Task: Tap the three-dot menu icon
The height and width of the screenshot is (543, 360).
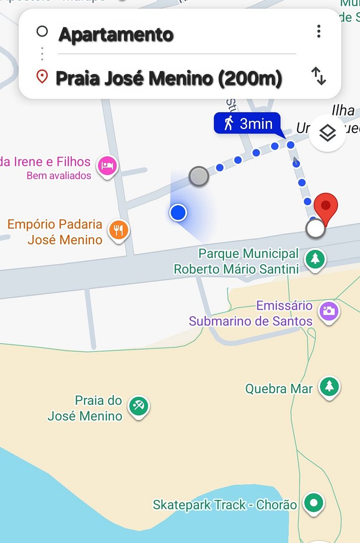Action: pos(319,31)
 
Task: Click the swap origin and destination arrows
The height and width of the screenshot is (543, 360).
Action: pos(319,76)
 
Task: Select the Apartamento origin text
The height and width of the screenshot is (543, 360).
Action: pos(116,35)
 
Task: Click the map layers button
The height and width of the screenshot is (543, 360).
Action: pos(328,134)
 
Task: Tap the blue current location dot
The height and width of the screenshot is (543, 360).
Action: pos(178,213)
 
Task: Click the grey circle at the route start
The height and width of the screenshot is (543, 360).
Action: pos(199,176)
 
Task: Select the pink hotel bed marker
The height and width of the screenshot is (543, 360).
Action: pos(107,165)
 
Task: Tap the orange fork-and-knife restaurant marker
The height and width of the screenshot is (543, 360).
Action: pos(119,230)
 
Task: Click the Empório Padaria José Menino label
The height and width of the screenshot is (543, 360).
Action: pos(55,232)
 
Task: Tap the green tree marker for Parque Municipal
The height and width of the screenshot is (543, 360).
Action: pos(315,259)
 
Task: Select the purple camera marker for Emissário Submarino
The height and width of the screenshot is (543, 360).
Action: pos(329,311)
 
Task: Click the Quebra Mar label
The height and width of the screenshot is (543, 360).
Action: pos(279,388)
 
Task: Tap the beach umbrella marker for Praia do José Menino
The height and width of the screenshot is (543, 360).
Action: pos(138,405)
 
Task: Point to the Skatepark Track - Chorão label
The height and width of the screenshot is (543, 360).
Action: pos(225,505)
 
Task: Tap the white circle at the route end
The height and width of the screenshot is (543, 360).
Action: pos(315,229)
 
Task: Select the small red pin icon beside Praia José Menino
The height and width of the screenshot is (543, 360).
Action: pos(42,76)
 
